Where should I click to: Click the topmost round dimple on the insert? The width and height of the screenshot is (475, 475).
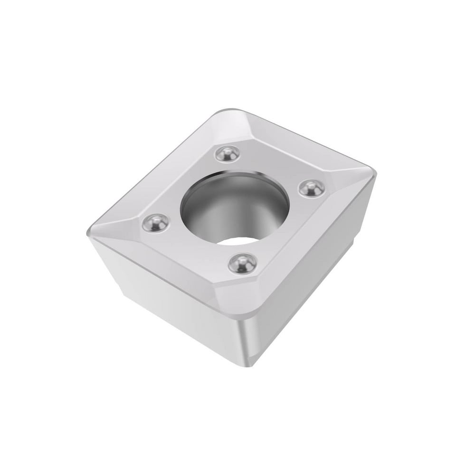point(226,153)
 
